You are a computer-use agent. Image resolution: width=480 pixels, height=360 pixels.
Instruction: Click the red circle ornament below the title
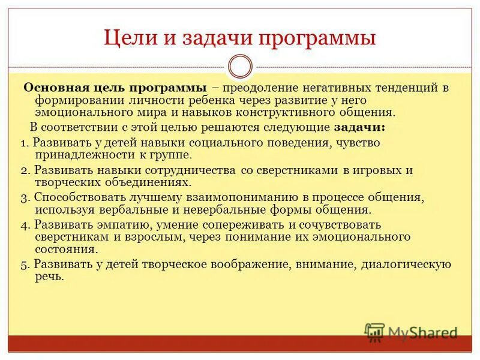point(240,66)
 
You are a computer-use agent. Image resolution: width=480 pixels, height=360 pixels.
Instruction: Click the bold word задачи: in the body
point(359,127)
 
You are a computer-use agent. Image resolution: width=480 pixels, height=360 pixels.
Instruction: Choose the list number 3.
point(23,197)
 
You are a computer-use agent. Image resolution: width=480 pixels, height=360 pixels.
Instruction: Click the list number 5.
point(23,264)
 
